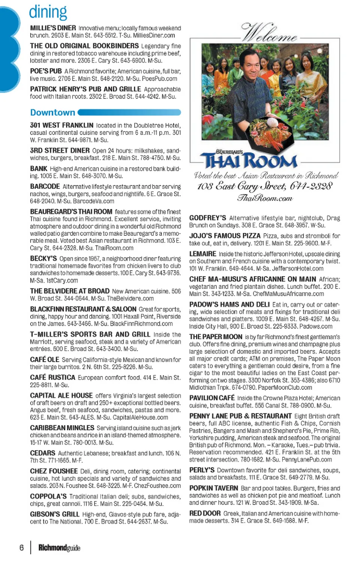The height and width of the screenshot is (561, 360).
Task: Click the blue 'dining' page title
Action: [x=48, y=12]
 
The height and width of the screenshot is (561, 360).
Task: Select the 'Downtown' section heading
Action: [x=52, y=112]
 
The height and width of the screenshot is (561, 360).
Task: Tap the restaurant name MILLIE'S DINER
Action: [x=53, y=28]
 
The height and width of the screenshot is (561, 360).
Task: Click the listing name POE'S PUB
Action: [x=46, y=71]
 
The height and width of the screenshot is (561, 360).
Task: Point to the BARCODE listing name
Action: [x=45, y=186]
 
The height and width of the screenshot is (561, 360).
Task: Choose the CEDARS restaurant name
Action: [x=43, y=453]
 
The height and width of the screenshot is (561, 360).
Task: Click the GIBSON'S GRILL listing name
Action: [x=55, y=514]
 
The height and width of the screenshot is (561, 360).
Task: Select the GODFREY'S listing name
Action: [x=207, y=218]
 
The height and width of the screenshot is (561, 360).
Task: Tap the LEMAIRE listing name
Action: [x=202, y=254]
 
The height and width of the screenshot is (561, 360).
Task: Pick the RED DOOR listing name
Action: [x=205, y=513]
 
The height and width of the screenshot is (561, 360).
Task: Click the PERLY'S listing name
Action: [x=202, y=470]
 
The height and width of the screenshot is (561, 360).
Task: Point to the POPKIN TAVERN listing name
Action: [x=213, y=488]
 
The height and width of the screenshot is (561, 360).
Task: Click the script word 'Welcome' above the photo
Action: [x=269, y=33]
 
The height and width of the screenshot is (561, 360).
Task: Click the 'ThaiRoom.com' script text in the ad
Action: [x=265, y=198]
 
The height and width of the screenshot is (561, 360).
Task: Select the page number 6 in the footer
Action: [x=21, y=548]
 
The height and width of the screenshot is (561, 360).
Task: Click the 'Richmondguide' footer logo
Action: [x=59, y=548]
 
